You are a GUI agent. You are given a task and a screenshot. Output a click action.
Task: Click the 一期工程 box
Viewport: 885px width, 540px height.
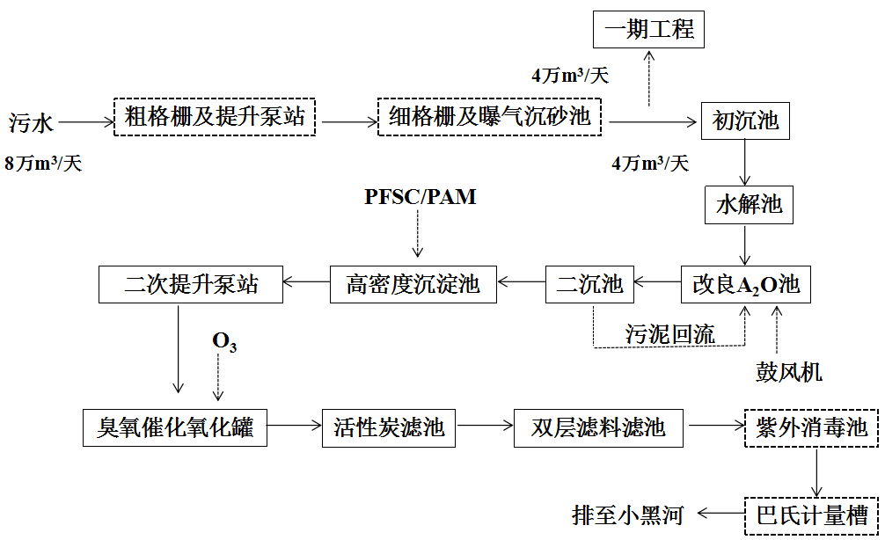(x=649, y=30)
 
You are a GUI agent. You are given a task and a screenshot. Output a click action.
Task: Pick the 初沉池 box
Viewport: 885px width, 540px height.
(x=745, y=120)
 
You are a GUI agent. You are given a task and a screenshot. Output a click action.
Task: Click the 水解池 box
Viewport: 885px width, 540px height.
(x=748, y=206)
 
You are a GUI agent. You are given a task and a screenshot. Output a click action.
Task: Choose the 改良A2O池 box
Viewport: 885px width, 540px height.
(x=746, y=284)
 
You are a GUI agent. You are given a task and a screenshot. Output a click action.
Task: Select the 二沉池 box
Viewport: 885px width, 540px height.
(x=589, y=284)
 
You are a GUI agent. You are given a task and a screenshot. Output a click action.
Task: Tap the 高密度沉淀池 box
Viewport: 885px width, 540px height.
(x=413, y=284)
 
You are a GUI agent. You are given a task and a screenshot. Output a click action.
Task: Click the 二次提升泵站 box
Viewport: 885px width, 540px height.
(x=190, y=284)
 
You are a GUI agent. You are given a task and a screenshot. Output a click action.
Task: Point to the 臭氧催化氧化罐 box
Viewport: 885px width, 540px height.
(x=174, y=427)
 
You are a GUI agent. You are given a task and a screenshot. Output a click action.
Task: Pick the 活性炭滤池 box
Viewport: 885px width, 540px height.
(x=389, y=427)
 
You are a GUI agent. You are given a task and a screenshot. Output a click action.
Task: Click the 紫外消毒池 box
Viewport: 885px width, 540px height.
(x=811, y=428)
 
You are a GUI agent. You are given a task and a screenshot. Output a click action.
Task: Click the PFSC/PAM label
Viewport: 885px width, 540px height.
(x=421, y=197)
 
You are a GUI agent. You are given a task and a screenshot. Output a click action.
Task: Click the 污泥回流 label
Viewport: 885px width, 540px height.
(x=670, y=333)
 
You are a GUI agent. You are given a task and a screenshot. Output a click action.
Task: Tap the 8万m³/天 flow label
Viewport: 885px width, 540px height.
(x=43, y=164)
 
